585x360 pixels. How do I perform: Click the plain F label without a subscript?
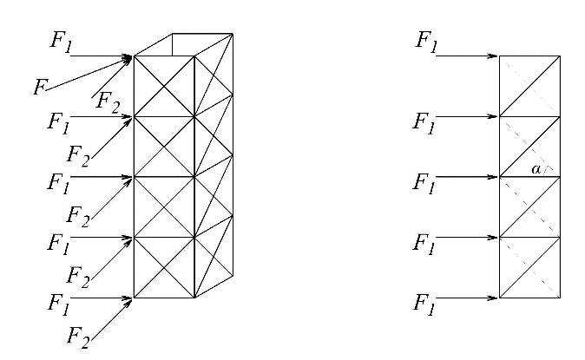pos(38,87)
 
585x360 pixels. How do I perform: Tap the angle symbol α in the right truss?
pos(536,170)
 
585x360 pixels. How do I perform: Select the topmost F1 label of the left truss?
pos(59,43)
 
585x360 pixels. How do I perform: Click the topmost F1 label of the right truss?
pos(426,40)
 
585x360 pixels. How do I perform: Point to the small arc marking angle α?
pos(548,170)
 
